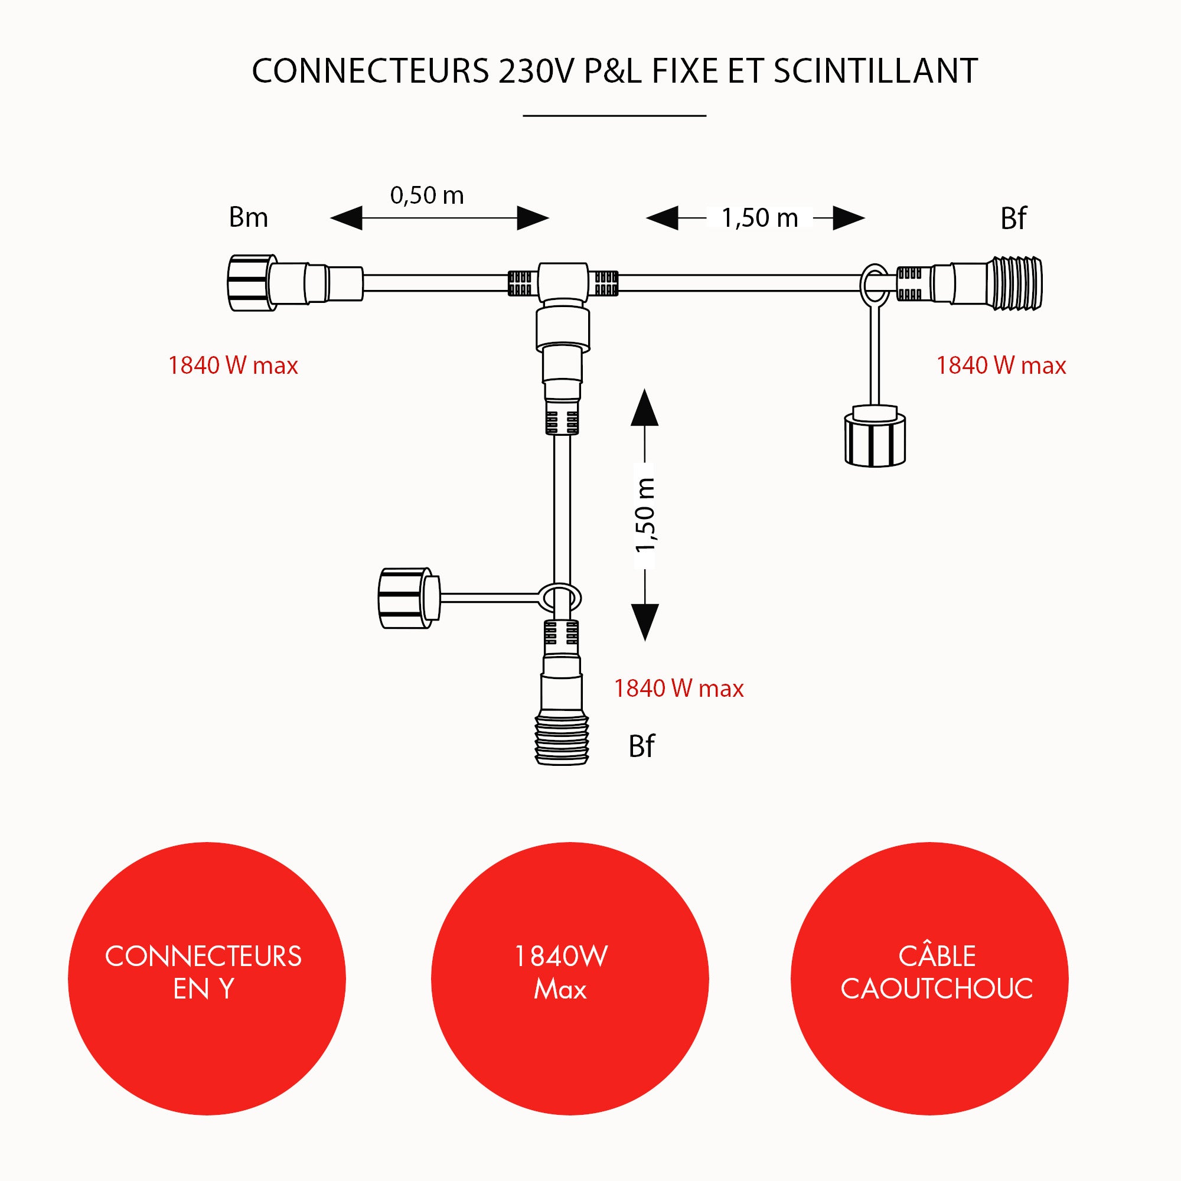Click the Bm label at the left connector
click(248, 218)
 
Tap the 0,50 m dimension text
click(427, 195)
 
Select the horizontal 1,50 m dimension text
click(760, 218)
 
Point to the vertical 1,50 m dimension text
click(645, 516)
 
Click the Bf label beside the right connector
click(1013, 219)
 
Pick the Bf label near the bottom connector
click(641, 746)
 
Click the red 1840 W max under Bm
click(233, 366)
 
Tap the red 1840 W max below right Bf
click(1001, 366)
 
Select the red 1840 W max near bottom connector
click(678, 689)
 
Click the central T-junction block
click(563, 283)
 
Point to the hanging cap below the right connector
click(875, 439)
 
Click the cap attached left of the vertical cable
click(406, 598)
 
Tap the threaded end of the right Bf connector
click(1017, 283)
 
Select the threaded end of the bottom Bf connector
click(561, 740)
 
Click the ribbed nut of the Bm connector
click(250, 283)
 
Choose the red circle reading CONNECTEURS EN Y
click(207, 978)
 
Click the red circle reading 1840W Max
click(569, 978)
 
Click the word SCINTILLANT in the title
click(875, 71)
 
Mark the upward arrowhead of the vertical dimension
click(644, 409)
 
